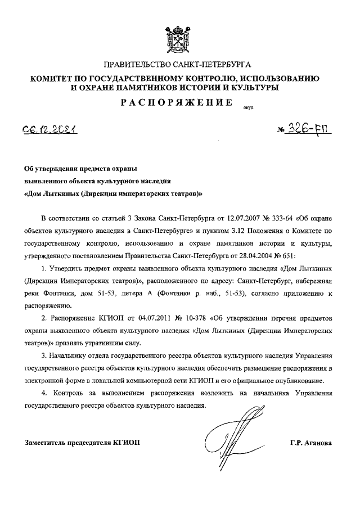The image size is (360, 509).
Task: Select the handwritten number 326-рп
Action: [x=309, y=130]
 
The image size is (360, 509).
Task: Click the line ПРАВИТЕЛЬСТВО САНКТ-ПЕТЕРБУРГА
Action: [x=179, y=66]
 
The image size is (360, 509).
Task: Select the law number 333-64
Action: [x=292, y=218]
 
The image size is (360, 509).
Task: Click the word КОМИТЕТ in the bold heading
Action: [x=54, y=79]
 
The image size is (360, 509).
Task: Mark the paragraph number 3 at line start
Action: [x=44, y=357]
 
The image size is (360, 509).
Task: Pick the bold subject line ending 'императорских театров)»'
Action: [x=113, y=193]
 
